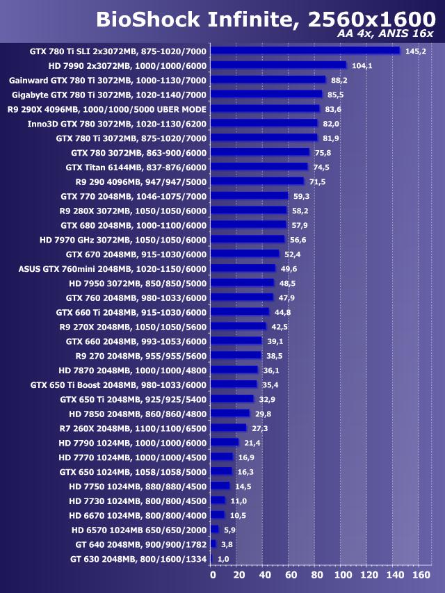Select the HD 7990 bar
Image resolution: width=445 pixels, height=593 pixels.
(278, 65)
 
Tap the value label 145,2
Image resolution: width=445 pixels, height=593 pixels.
(415, 51)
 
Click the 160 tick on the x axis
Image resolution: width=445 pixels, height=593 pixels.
(421, 576)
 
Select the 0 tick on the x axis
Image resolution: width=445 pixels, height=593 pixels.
(213, 576)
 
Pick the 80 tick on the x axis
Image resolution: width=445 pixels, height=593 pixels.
(316, 576)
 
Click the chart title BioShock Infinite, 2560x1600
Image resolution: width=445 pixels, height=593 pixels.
(264, 20)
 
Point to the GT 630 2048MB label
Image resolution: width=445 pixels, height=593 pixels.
(138, 558)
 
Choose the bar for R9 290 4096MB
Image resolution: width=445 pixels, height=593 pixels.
(257, 181)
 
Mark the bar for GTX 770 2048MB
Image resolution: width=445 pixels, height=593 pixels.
(249, 196)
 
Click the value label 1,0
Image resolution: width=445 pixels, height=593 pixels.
(223, 558)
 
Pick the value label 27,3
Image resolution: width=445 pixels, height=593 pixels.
(260, 428)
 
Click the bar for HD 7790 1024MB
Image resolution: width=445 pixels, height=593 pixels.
(225, 443)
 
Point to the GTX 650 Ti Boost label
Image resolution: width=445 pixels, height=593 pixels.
(119, 384)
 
